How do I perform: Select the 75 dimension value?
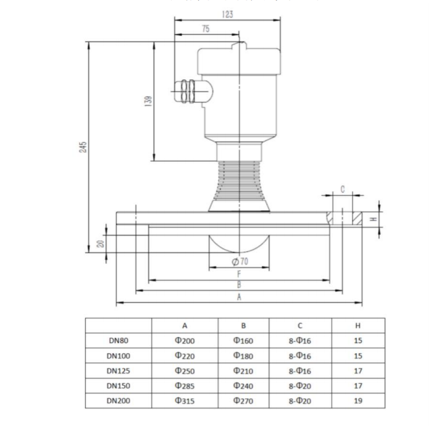[x=206, y=29]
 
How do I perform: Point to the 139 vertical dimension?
[x=148, y=100]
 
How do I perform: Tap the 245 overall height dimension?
[x=83, y=147]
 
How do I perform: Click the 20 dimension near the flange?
[x=101, y=244]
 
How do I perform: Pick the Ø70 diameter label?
[x=239, y=261]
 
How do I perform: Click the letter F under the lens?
[x=238, y=273]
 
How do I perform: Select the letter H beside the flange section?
[x=373, y=219]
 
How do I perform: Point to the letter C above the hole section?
[x=343, y=189]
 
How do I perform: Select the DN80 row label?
[x=118, y=341]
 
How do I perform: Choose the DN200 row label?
[x=118, y=401]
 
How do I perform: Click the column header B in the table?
[x=243, y=326]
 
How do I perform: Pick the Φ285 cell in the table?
[x=185, y=386]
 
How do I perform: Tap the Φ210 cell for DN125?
[x=243, y=371]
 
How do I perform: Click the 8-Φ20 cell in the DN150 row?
[x=300, y=386]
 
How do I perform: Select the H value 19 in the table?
[x=358, y=401]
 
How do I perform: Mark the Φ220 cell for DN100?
[x=185, y=356]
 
